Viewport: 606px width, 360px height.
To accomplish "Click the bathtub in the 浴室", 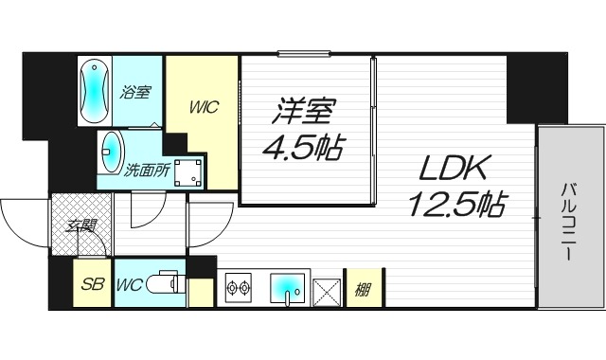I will click(x=96, y=91).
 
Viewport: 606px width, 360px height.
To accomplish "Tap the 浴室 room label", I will click(x=135, y=93).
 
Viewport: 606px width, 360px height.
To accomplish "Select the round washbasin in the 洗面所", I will click(x=111, y=149).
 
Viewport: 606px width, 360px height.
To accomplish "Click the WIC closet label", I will click(x=205, y=107).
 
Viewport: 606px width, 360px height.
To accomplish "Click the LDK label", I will click(x=452, y=170).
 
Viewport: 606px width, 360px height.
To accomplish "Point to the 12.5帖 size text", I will click(x=454, y=204).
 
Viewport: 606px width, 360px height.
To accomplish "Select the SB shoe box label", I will click(x=92, y=285).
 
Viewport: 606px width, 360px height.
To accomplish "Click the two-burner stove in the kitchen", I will click(x=236, y=288).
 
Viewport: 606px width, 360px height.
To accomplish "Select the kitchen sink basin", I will click(x=287, y=287).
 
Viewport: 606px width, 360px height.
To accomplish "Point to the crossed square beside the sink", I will click(x=328, y=288).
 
